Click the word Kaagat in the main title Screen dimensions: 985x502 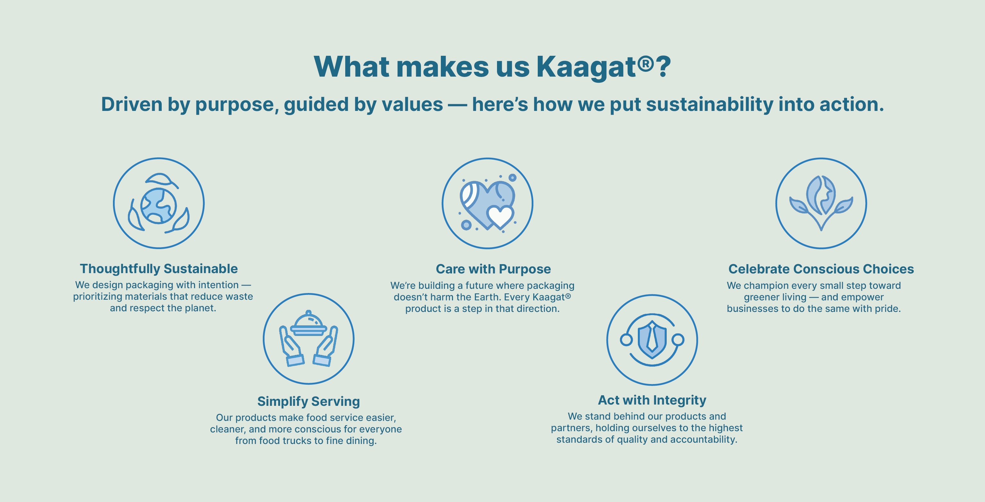[586, 67]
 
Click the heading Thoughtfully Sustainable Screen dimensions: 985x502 [159, 269]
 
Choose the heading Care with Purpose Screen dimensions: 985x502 [493, 269]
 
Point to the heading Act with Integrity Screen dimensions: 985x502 [652, 400]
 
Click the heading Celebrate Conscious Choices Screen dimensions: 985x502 [821, 269]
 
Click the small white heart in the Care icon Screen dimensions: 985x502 [500, 216]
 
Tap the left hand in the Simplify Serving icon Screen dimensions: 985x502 [291, 346]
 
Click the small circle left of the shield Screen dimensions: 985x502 [626, 339]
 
